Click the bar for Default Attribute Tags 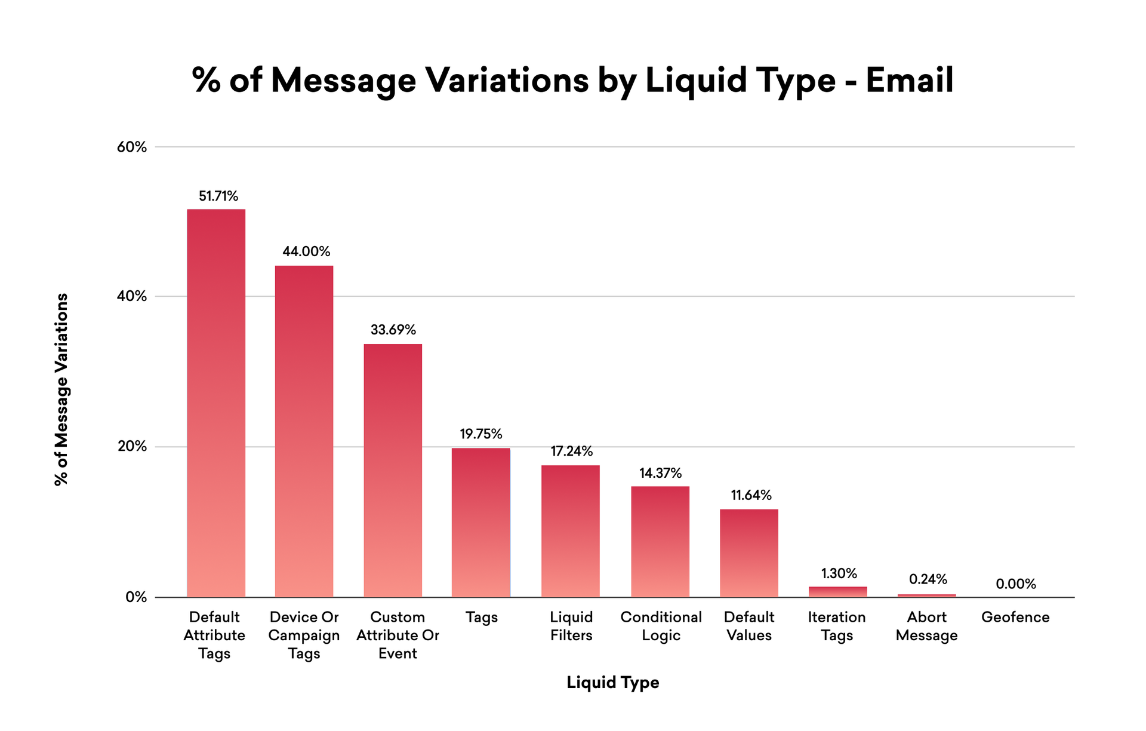point(216,403)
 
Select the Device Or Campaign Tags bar point(304,431)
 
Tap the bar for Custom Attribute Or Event point(393,471)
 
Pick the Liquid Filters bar point(570,531)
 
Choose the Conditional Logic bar point(660,542)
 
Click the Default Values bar point(748,553)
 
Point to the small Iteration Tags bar point(837,592)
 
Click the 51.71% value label point(218,196)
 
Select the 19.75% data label point(480,434)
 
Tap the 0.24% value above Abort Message point(928,579)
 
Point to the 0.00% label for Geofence point(1016,584)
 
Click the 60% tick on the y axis point(132,147)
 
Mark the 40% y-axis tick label point(132,296)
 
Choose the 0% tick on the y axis point(136,597)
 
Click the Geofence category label point(1015,617)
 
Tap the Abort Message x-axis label point(926,626)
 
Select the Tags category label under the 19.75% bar point(481,617)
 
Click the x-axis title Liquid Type point(612,682)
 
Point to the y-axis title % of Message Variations point(61,389)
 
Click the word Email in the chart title point(909,80)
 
